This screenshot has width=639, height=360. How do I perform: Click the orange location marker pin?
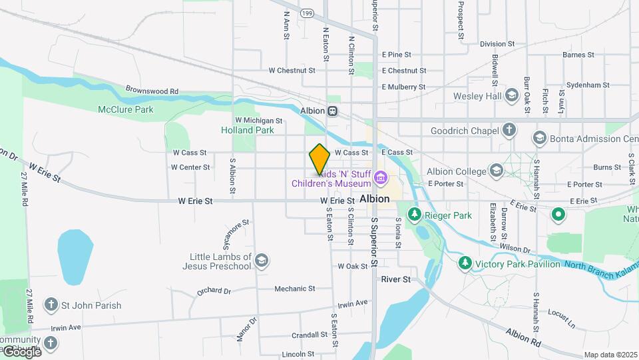coord(319,159)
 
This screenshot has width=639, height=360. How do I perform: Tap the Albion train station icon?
coord(332,111)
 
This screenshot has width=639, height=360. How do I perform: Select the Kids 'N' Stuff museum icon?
coord(380,177)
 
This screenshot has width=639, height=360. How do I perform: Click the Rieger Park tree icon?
coord(415,215)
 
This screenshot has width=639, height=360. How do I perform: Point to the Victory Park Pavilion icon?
coord(464,263)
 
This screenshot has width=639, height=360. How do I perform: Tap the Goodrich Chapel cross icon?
coord(509,131)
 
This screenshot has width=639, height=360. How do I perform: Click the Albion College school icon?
coord(496,171)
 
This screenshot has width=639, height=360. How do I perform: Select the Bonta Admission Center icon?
coord(539,139)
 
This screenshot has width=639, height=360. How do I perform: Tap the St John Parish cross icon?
coord(50,305)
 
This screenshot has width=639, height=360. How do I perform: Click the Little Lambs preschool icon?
coord(262,261)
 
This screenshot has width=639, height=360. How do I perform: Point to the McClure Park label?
coord(125,109)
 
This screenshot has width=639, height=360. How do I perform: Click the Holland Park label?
coord(247,130)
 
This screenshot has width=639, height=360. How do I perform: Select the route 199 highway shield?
coord(307,13)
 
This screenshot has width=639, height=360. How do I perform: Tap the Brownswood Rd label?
coord(152,91)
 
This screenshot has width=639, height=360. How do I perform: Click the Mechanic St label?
coord(295,289)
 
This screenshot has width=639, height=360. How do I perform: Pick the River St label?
coord(396,279)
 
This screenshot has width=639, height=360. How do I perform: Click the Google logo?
coord(21,351)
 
